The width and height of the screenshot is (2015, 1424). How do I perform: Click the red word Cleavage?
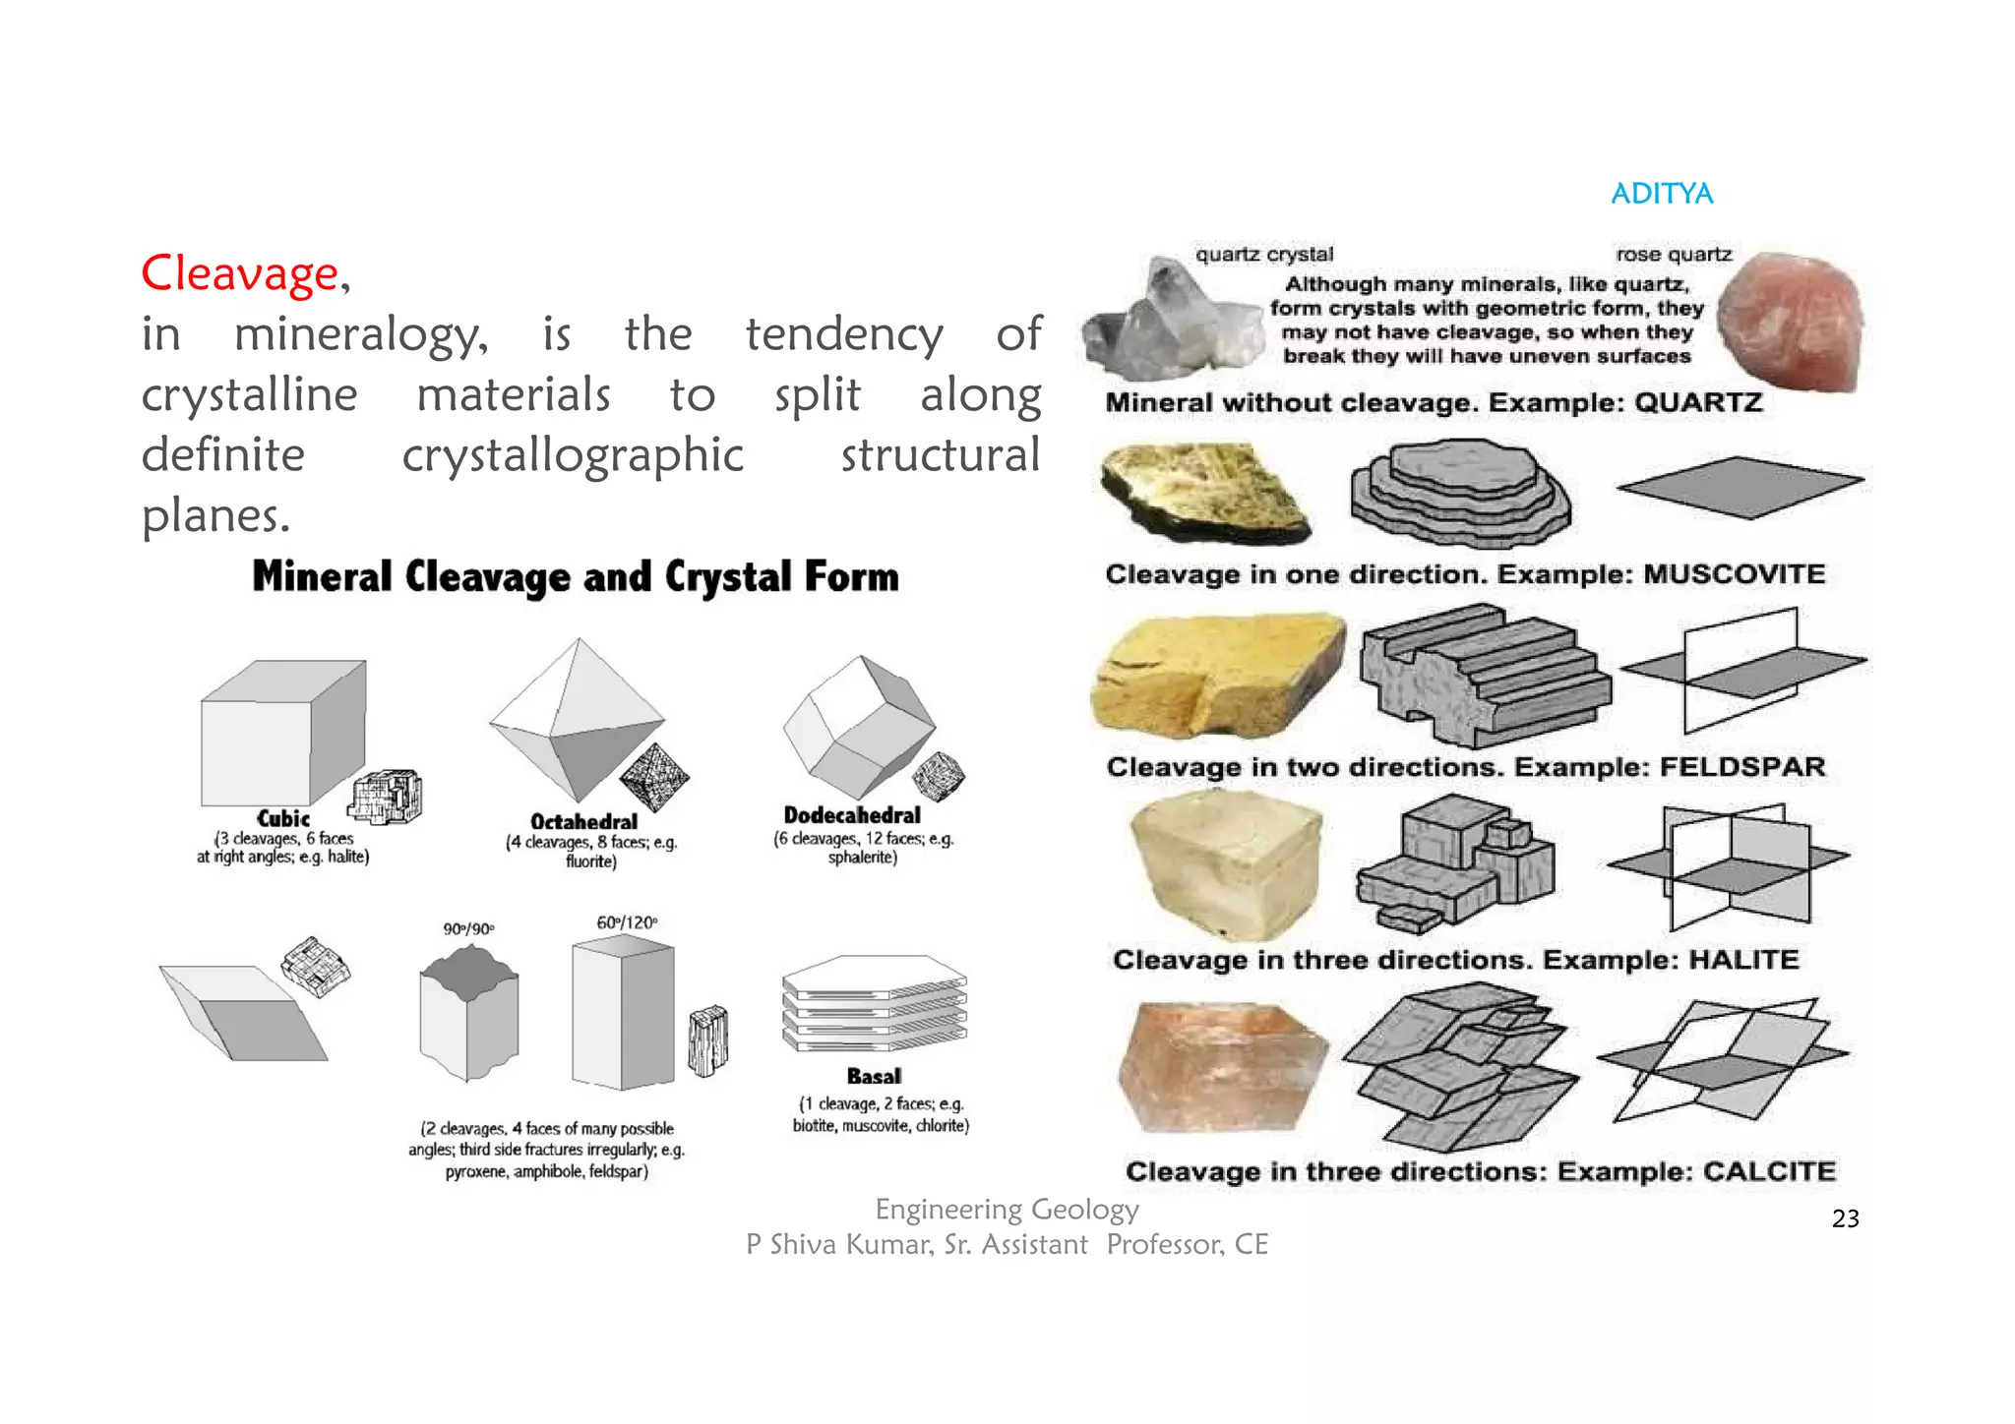tap(239, 273)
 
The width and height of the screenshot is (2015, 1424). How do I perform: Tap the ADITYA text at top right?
tap(1661, 194)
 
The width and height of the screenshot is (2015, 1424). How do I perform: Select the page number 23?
tap(1845, 1218)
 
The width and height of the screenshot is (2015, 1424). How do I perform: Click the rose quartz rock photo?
tap(1795, 320)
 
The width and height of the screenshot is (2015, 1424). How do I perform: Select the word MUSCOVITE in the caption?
tap(1734, 574)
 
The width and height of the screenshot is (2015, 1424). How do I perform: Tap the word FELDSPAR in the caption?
tap(1741, 767)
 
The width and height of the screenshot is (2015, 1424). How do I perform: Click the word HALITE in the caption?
tap(1743, 960)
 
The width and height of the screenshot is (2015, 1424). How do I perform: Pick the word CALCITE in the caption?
tap(1769, 1171)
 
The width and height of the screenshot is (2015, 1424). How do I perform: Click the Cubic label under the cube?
tap(283, 818)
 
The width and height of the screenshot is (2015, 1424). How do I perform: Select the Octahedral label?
tap(583, 821)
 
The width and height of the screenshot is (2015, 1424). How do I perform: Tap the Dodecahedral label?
tap(852, 815)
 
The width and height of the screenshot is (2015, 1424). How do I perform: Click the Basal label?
tap(874, 1076)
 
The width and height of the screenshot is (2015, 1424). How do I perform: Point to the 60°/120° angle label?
tap(627, 922)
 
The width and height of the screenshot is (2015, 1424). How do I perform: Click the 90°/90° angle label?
tap(468, 928)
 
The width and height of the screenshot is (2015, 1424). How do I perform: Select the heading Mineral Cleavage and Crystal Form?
tap(576, 576)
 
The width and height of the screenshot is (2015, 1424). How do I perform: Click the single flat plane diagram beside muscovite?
tap(1740, 486)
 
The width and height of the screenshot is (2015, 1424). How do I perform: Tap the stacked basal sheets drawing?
tap(875, 1003)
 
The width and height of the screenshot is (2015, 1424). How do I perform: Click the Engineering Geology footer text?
tap(1007, 1209)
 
